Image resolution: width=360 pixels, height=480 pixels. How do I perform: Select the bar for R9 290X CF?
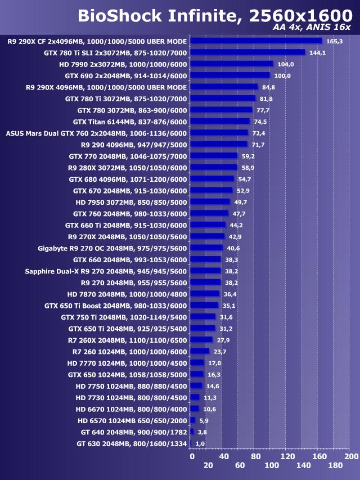pos(256,41)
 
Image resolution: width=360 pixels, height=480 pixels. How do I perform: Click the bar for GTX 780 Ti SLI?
pos(247,52)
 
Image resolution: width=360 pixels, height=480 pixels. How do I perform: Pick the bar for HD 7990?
pos(232,64)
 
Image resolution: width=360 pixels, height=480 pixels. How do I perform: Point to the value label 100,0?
pos(282,75)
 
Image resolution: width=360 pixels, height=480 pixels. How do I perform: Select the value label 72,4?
pos(259,133)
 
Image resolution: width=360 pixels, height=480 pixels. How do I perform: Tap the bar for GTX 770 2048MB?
pos(214,156)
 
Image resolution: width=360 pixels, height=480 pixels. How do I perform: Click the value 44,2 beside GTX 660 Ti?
pos(236,225)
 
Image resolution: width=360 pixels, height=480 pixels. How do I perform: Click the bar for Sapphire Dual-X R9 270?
pos(206,271)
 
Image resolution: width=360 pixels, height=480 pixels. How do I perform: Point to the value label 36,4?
pos(229,294)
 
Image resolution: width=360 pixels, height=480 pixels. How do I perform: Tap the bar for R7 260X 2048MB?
pos(201,340)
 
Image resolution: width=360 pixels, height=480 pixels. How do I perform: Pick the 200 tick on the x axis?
pos(351,456)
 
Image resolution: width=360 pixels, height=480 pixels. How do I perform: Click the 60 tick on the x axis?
pos(240,465)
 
